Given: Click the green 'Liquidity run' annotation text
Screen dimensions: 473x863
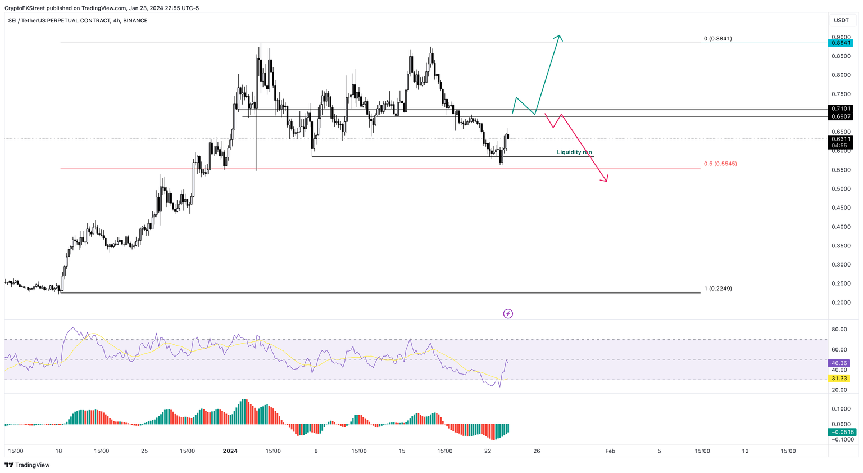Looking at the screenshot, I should click(574, 152).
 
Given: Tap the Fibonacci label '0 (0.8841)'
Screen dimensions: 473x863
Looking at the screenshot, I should click(717, 39).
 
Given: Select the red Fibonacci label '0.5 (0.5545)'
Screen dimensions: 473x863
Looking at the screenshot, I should click(720, 164).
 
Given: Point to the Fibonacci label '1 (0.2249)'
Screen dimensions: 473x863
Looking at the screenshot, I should click(717, 289).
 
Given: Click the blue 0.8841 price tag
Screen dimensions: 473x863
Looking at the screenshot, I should click(841, 43).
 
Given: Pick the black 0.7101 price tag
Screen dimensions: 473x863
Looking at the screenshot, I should click(841, 109).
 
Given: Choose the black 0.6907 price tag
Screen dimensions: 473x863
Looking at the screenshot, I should click(841, 116).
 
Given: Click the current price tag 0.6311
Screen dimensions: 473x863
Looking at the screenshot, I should click(841, 139).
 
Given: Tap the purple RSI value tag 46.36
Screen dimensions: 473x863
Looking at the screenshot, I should click(838, 363).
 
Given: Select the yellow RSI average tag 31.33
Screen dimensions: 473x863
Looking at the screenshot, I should click(838, 379).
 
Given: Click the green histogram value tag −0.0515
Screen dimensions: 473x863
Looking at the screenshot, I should click(842, 432).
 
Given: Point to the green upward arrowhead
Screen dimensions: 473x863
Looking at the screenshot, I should click(558, 38).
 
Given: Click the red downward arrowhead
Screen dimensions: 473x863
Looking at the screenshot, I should click(605, 179).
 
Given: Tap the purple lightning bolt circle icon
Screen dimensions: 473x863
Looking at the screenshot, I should click(508, 314).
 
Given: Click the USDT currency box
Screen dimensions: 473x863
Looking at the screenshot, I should click(841, 20).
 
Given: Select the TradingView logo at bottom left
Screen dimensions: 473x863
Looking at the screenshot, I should click(27, 465).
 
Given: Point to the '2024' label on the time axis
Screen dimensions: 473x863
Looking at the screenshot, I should click(230, 451).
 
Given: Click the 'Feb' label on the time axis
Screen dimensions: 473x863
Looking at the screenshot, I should click(610, 451).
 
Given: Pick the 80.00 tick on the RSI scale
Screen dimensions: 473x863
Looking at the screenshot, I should click(839, 330).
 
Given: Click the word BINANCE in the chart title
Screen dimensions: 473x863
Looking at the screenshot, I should click(135, 21).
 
